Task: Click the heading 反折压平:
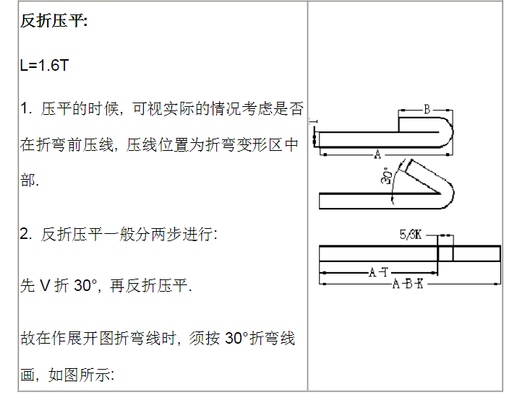pos(54,21)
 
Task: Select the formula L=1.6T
pos(44,65)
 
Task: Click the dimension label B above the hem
pos(427,109)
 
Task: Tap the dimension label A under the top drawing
pos(377,154)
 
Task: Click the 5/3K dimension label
pos(411,235)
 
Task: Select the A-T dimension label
pos(378,273)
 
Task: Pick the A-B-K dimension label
pos(408,284)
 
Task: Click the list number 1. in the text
pos(26,108)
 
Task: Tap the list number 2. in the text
pos(26,234)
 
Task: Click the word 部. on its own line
pos(30,181)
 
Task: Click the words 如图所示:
pos(81,375)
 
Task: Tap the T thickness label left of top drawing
pos(314,121)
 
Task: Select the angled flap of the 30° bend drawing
pos(424,177)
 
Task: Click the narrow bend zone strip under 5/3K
pos(445,253)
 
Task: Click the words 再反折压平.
pos(150,285)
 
